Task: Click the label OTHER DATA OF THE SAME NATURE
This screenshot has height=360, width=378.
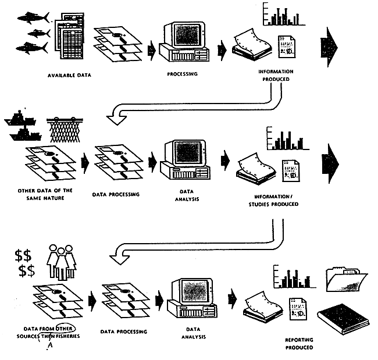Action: pyautogui.click(x=40, y=194)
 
